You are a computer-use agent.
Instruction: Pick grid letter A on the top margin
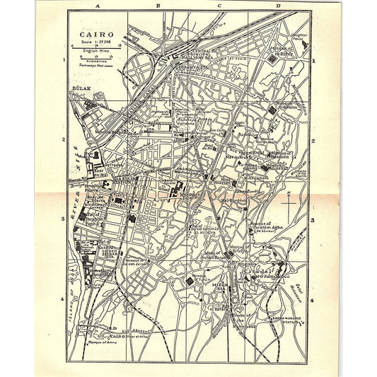(99, 6)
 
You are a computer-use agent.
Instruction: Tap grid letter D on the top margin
(279, 6)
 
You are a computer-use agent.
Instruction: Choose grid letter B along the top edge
(158, 6)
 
